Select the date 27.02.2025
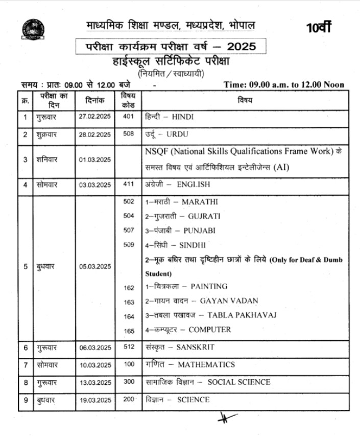[x=94, y=117]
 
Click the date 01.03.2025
[x=94, y=159]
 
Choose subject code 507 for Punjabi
[x=129, y=230]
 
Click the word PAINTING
[x=209, y=286]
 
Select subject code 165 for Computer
[x=129, y=331]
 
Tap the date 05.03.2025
[x=94, y=266]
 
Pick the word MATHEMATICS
[x=206, y=365]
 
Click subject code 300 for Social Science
[x=129, y=382]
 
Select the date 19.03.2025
[x=94, y=400]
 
